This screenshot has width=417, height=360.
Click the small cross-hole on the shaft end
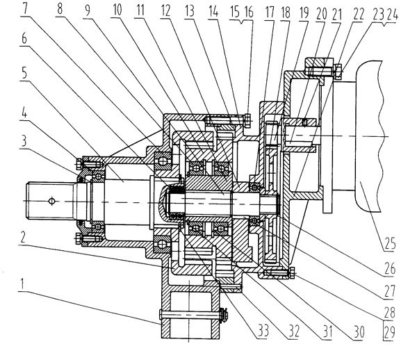[51, 202]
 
